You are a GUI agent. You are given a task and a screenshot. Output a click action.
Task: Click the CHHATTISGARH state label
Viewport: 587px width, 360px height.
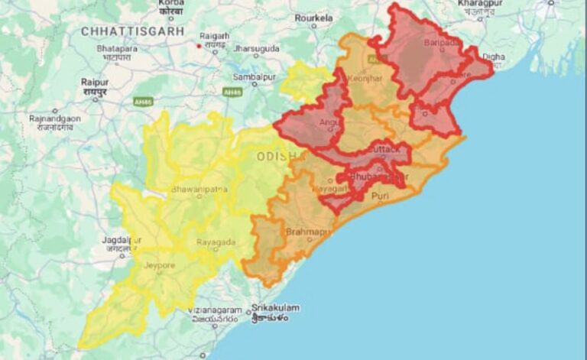[x=133, y=31]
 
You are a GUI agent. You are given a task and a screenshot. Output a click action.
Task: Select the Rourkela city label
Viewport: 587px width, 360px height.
[x=313, y=17]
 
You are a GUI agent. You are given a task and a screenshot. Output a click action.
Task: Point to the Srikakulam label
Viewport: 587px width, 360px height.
[x=276, y=308]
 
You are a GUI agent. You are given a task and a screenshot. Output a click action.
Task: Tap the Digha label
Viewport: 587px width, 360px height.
[x=494, y=56]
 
